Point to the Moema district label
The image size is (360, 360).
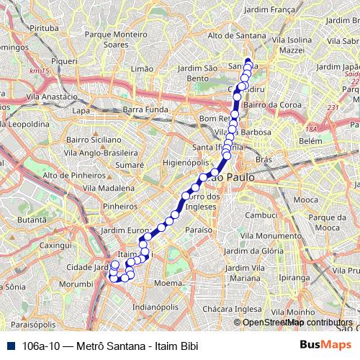pos(168,283)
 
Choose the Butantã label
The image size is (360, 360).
pos(32,219)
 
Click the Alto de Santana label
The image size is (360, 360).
pos(232,35)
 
